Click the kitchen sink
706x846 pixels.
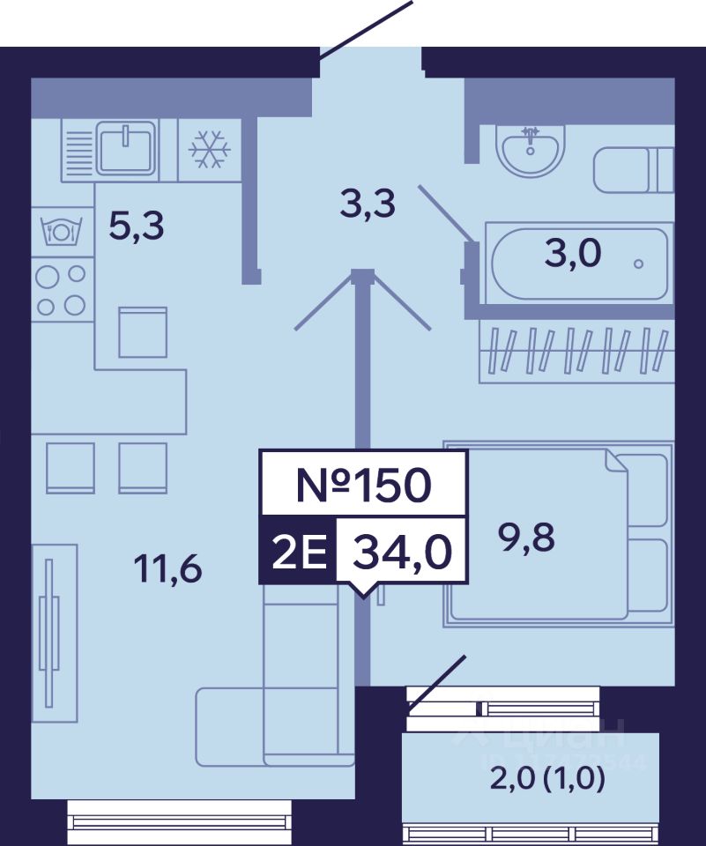[126, 148]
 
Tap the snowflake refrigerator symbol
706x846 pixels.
[210, 150]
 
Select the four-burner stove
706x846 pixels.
[62, 290]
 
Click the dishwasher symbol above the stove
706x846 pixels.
[62, 231]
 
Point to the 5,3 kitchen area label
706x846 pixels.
[137, 227]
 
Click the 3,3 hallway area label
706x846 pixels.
[368, 205]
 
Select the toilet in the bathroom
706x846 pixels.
[633, 170]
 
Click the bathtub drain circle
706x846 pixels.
[638, 263]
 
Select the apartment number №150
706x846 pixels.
[363, 484]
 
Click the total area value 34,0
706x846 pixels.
[402, 553]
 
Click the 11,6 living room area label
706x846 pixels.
[167, 569]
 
